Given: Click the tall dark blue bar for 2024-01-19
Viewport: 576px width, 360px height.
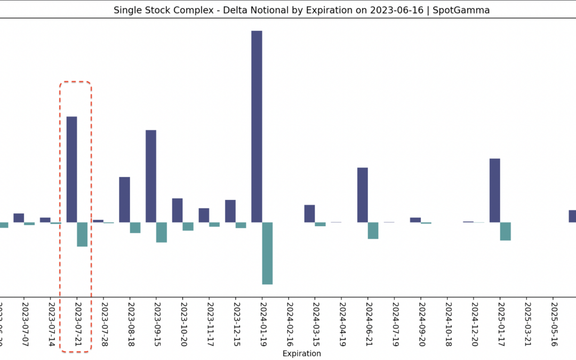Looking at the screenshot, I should coord(257,126).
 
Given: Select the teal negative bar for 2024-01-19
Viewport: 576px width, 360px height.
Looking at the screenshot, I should coord(267,253).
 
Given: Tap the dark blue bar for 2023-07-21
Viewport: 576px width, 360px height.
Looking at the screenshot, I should coord(71,169).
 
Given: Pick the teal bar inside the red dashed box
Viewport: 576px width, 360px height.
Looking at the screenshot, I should coord(82,235).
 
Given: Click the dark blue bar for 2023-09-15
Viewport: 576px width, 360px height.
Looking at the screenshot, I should coord(151,176).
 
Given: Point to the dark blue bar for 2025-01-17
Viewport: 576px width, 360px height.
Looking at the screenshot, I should coord(495,190).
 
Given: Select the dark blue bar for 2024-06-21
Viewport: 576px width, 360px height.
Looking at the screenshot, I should coord(363,195).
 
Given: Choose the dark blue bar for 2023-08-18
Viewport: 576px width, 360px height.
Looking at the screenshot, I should coord(124,199).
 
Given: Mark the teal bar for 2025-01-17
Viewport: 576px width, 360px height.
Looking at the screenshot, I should coord(506,231).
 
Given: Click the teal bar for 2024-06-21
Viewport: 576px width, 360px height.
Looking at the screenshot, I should coord(373,230).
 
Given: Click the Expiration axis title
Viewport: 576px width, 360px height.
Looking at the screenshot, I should coord(302,353).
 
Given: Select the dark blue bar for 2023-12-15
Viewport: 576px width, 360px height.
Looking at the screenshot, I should coord(230,211).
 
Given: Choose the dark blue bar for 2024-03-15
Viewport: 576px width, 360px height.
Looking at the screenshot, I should coord(310,213).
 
